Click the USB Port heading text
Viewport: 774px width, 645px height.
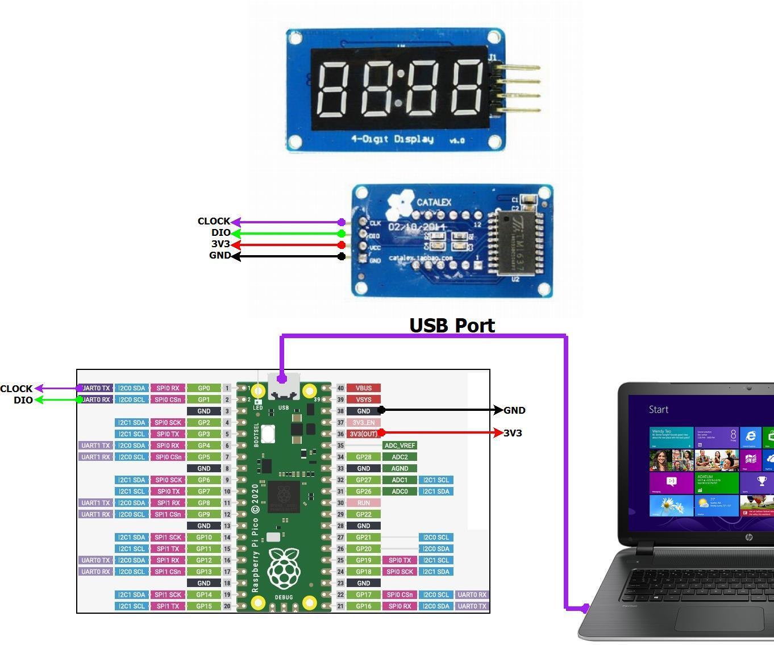tap(452, 326)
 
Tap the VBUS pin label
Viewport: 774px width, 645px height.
tap(363, 388)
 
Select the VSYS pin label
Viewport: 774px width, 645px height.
tap(363, 400)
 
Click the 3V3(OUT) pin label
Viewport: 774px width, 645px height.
tap(363, 434)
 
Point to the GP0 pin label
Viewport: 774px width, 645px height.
tap(203, 388)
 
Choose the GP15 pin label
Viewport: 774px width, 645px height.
tap(203, 606)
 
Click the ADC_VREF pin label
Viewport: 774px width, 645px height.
tap(400, 446)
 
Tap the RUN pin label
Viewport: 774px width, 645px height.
tap(363, 503)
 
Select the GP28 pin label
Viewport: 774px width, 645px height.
tap(363, 457)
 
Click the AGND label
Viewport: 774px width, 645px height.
tap(400, 468)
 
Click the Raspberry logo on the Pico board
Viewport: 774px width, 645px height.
tap(284, 568)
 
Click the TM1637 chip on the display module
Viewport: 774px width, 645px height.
tap(516, 243)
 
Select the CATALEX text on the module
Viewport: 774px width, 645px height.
tap(434, 202)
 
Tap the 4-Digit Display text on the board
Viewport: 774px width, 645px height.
tap(392, 139)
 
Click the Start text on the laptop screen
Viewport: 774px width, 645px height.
tap(659, 410)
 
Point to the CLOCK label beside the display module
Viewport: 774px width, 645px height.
tap(214, 221)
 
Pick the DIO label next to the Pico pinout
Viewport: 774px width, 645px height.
tap(23, 400)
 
